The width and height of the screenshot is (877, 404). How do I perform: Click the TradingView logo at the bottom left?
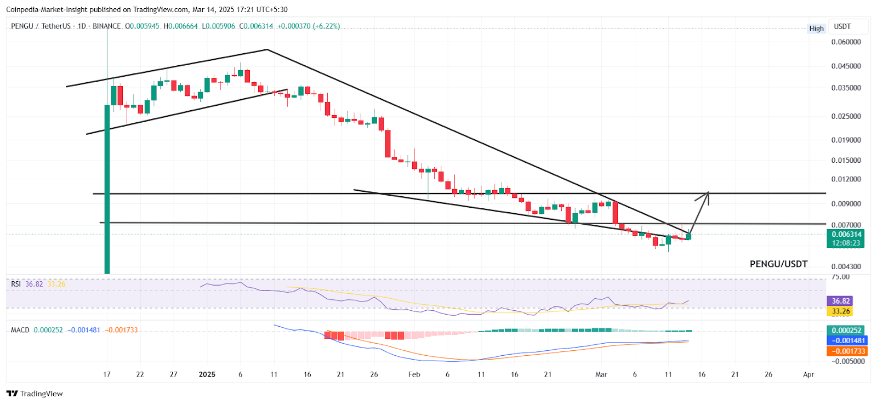[x=35, y=394]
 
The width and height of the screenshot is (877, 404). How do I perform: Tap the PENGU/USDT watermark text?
[x=778, y=264]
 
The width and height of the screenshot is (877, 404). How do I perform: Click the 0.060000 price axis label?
[x=846, y=42]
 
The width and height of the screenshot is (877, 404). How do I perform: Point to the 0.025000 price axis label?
[x=846, y=117]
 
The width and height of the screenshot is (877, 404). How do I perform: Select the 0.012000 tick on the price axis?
[x=846, y=179]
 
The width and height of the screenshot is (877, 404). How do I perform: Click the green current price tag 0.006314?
[x=846, y=235]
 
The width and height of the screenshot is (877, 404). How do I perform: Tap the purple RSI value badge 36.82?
[x=840, y=301]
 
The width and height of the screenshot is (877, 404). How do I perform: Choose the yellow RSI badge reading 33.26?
[x=840, y=311]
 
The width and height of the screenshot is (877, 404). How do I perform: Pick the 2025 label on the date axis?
[x=207, y=375]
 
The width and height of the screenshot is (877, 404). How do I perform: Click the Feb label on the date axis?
[x=414, y=375]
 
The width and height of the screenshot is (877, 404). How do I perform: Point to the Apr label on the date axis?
[x=808, y=375]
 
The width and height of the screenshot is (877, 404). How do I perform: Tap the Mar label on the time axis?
[x=601, y=375]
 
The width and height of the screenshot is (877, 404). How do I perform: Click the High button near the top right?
[x=816, y=29]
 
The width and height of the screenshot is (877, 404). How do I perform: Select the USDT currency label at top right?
[x=842, y=27]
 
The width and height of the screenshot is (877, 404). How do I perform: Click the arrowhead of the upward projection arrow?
[x=708, y=193]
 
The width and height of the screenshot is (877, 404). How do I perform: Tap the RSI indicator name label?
[x=16, y=284]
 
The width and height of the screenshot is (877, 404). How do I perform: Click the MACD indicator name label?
[x=20, y=330]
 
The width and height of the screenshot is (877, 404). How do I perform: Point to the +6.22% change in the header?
[x=327, y=26]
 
